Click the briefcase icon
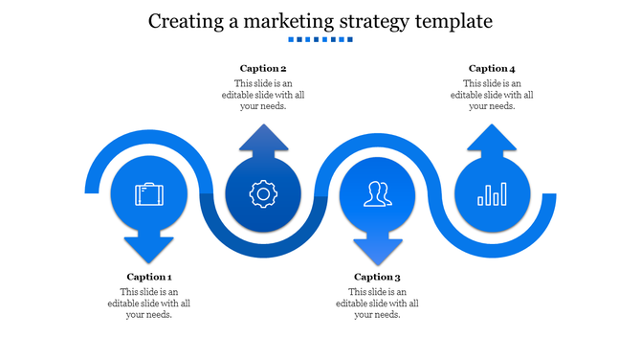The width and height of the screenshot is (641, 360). (149, 195)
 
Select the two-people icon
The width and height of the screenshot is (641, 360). (377, 195)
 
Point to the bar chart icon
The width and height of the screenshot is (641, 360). (492, 195)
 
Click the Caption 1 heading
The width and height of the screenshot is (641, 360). (149, 277)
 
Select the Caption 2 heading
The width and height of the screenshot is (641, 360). (263, 68)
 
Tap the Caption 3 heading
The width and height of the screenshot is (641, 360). (377, 277)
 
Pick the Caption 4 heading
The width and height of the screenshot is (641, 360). (492, 68)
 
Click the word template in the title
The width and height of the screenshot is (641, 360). (453, 20)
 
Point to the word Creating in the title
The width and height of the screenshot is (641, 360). (187, 20)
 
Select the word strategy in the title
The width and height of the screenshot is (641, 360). (374, 20)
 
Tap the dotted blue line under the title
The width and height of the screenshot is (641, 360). (320, 40)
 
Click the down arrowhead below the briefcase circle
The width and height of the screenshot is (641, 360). (149, 248)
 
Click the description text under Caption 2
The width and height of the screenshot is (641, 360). (263, 95)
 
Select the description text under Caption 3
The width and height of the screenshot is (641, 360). (377, 304)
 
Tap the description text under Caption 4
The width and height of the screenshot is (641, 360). (492, 95)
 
